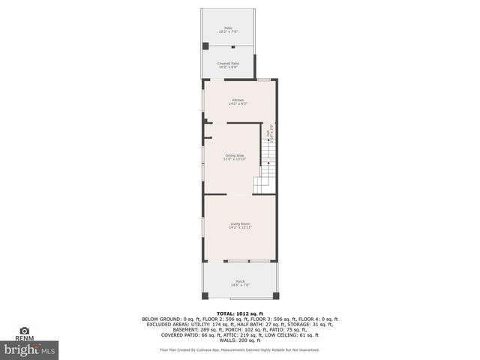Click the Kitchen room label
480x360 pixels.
click(x=238, y=102)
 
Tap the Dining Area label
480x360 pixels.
click(x=235, y=157)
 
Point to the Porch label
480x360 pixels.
click(x=240, y=283)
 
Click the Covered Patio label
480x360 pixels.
click(x=228, y=65)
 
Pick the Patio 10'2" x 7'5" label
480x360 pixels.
click(x=227, y=30)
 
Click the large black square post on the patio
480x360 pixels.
click(x=205, y=46)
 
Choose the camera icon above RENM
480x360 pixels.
click(x=25, y=331)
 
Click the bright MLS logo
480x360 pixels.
click(x=31, y=349)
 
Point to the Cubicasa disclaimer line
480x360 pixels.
click(x=239, y=349)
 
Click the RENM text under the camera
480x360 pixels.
click(x=25, y=339)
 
